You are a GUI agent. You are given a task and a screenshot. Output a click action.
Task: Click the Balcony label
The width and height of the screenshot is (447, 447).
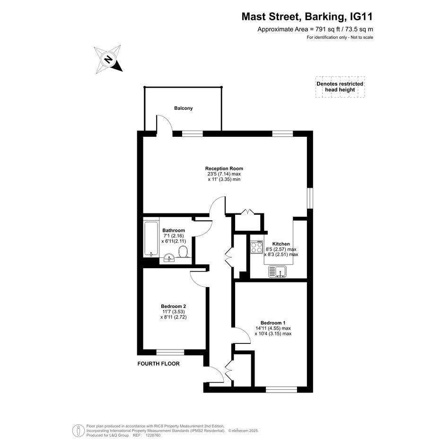(184, 108)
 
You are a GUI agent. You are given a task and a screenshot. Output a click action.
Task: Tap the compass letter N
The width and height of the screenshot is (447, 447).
(108, 60)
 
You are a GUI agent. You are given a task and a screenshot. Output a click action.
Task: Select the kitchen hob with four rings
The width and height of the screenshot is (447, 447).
(256, 247)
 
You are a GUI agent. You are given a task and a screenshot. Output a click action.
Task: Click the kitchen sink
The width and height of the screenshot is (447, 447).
(277, 271)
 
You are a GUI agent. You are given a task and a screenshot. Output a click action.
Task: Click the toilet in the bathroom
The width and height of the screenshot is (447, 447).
(183, 252)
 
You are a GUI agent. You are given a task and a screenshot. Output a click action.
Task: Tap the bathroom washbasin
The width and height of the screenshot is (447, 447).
(169, 258)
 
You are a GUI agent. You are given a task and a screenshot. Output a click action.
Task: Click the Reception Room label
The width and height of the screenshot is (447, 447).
(224, 168)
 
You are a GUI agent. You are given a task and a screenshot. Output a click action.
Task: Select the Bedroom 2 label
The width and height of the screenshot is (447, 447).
(173, 306)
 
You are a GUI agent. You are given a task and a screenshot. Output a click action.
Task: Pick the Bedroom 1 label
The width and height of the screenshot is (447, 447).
(273, 323)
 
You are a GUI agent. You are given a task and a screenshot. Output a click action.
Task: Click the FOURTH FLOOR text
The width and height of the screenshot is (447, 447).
(158, 364)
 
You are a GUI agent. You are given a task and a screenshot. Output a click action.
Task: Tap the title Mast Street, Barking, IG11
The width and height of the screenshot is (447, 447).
(307, 17)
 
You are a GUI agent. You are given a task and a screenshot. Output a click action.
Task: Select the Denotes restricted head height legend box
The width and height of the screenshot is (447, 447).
(340, 87)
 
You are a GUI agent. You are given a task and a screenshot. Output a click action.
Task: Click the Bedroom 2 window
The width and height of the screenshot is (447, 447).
(170, 352)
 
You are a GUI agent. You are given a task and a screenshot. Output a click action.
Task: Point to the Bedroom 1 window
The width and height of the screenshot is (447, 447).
(281, 389)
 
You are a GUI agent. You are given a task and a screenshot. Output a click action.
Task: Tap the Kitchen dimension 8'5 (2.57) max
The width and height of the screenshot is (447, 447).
(281, 249)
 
